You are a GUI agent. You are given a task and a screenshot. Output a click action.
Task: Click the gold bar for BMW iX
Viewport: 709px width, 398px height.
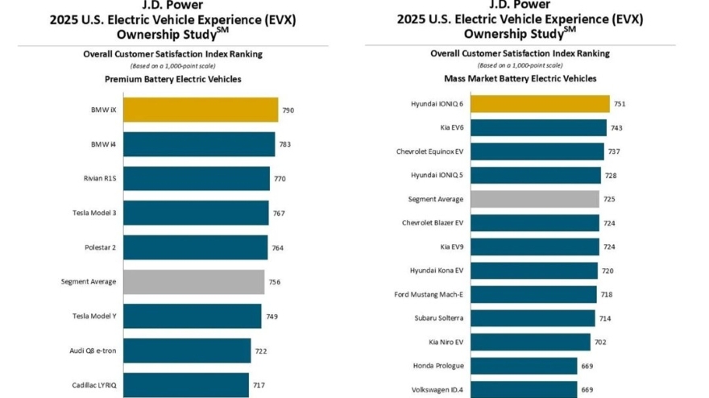pyautogui.click(x=201, y=110)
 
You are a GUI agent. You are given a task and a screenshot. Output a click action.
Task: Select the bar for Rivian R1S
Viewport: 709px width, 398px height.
pyautogui.click(x=197, y=179)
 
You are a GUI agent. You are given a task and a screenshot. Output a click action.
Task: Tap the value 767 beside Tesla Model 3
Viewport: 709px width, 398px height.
pyautogui.click(x=278, y=214)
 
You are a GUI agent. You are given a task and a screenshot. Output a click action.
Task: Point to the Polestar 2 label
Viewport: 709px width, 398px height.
pyautogui.click(x=101, y=247)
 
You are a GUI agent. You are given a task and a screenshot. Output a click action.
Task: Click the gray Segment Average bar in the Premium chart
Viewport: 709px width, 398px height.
pyautogui.click(x=193, y=282)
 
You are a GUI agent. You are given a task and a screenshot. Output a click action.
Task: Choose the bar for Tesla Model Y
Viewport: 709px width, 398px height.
pyautogui.click(x=193, y=317)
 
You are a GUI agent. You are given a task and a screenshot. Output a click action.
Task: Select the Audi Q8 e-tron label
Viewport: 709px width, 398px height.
pyautogui.click(x=94, y=351)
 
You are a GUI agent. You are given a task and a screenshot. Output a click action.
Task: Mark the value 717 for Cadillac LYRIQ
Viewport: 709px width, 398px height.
pyautogui.click(x=259, y=386)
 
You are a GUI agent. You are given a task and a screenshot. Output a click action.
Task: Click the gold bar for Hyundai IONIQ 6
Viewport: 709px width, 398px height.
pyautogui.click(x=540, y=104)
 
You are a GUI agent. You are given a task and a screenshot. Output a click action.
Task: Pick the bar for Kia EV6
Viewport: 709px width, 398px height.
pyautogui.click(x=538, y=127)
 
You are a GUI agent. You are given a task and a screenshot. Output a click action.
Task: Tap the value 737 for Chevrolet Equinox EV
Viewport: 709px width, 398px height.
pyautogui.click(x=614, y=151)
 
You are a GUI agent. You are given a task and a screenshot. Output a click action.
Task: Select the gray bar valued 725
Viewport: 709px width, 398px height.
pyautogui.click(x=535, y=199)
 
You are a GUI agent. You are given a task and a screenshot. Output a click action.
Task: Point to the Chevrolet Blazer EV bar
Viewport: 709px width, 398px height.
pyautogui.click(x=535, y=222)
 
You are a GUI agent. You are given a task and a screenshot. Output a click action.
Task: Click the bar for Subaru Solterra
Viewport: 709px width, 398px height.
pyautogui.click(x=533, y=318)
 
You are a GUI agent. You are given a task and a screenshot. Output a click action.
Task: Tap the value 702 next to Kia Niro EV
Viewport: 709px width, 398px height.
pyautogui.click(x=600, y=342)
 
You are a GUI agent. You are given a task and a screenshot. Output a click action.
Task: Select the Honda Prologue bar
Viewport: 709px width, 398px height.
pyautogui.click(x=524, y=366)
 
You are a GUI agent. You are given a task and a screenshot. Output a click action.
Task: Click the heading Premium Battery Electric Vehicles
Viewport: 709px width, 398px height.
pyautogui.click(x=173, y=79)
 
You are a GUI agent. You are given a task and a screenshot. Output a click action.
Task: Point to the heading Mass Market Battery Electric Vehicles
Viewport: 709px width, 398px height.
pyautogui.click(x=520, y=78)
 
